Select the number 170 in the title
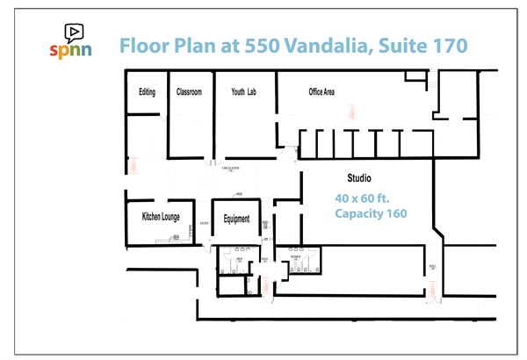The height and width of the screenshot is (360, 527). pyautogui.click(x=446, y=45)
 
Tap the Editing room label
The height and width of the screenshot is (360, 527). pyautogui.click(x=147, y=91)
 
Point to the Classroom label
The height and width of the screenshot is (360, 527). pyautogui.click(x=189, y=91)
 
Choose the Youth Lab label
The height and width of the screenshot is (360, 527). pyautogui.click(x=243, y=91)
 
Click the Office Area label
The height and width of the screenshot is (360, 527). pyautogui.click(x=321, y=92)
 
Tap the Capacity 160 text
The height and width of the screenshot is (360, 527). pyautogui.click(x=371, y=213)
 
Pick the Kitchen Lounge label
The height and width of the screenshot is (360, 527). pyautogui.click(x=161, y=217)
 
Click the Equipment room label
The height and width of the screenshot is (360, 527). pyautogui.click(x=237, y=220)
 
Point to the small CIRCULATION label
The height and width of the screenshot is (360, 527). pyautogui.click(x=232, y=169)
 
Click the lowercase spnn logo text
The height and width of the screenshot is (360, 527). pyautogui.click(x=74, y=50)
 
